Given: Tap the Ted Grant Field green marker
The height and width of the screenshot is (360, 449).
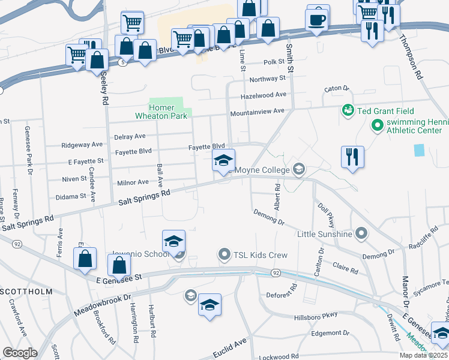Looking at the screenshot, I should point(347,110).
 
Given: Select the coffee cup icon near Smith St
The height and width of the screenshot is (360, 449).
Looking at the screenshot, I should point(318,19).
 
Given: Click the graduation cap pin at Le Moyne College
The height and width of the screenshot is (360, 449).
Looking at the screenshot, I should point(223,160).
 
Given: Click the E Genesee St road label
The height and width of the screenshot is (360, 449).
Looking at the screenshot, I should point(118,277).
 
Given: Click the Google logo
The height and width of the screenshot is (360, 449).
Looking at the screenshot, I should point(20,353).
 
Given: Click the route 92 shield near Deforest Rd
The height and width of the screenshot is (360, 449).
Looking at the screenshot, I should point(276,273).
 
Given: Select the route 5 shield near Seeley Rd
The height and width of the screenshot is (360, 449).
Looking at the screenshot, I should point(122,62).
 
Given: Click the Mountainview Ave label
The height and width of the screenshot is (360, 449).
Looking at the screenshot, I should point(262,111).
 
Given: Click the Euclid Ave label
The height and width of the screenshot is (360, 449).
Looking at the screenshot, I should point(230,349).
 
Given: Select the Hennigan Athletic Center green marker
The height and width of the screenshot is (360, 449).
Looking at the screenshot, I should point(378,125).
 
